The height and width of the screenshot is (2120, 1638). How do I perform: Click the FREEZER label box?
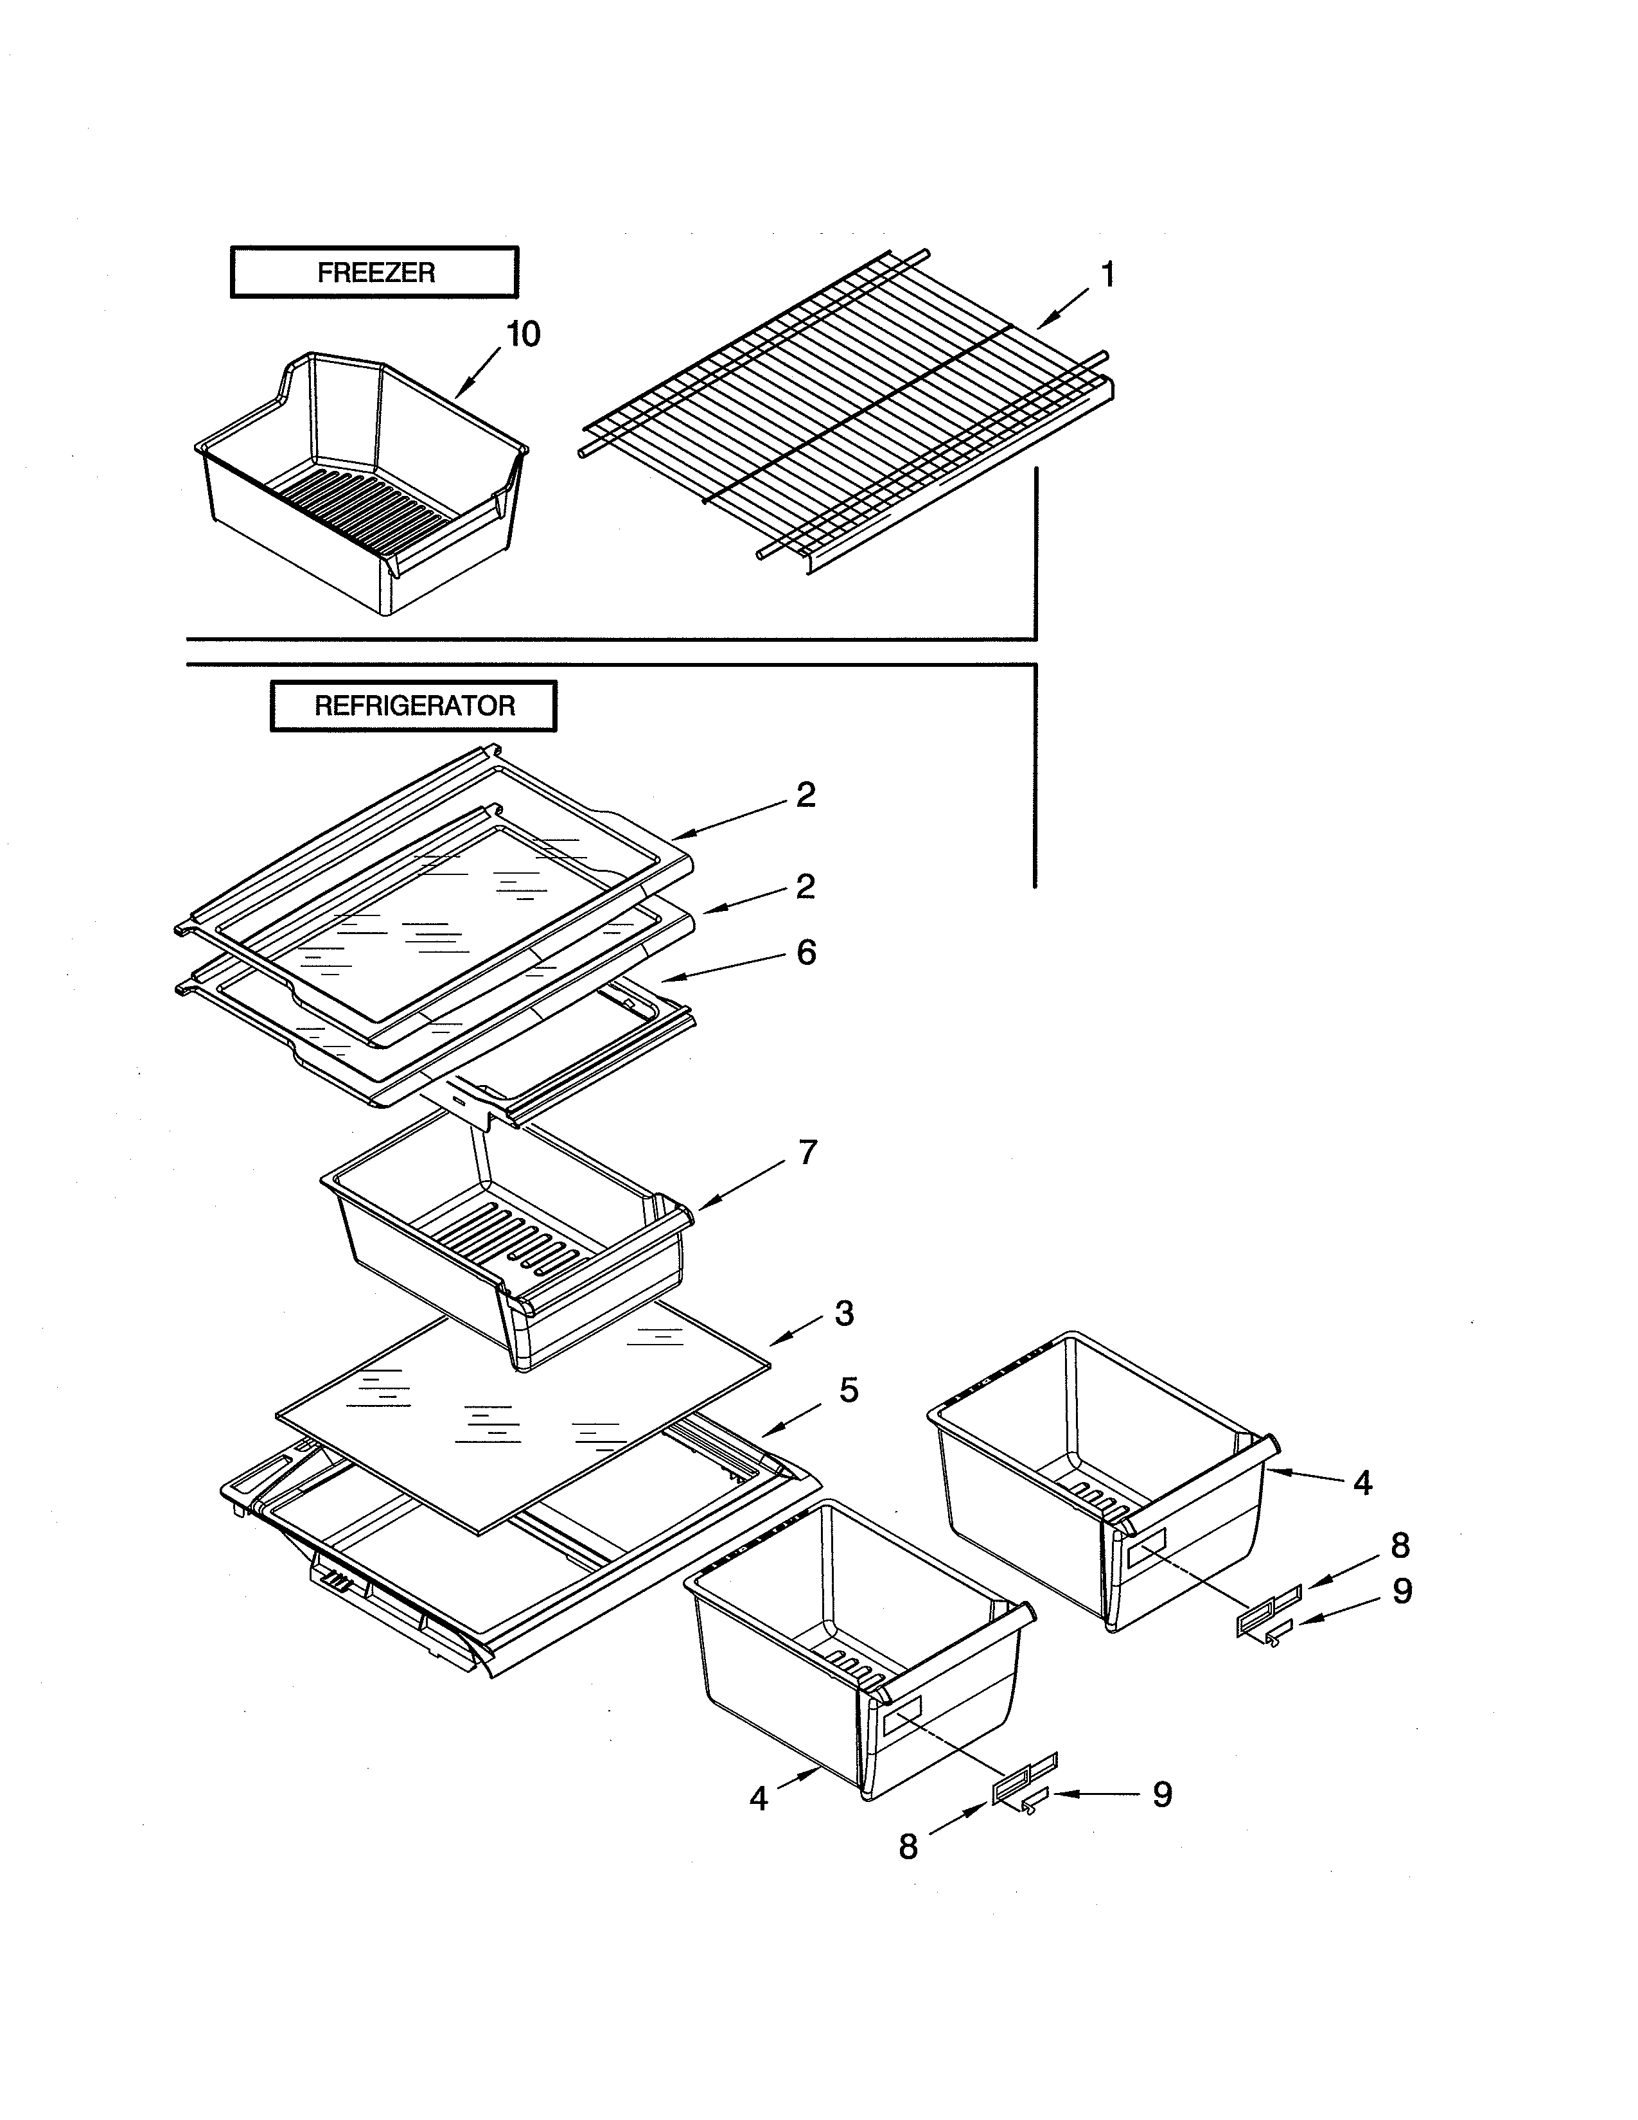coord(374,273)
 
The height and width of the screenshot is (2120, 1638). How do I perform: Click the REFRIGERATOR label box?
coord(414,705)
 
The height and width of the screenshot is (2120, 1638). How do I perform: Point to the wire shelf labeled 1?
coord(844,418)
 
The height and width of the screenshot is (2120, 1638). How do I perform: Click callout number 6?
coord(806,952)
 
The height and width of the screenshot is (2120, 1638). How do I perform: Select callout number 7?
coord(807,1153)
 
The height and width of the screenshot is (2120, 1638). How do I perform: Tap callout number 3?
coord(844,1313)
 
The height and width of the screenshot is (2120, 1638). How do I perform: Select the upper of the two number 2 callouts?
coord(806,795)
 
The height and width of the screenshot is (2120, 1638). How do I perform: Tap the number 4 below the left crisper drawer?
coord(759,1799)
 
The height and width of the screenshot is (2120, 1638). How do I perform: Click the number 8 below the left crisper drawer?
coord(908,1847)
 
